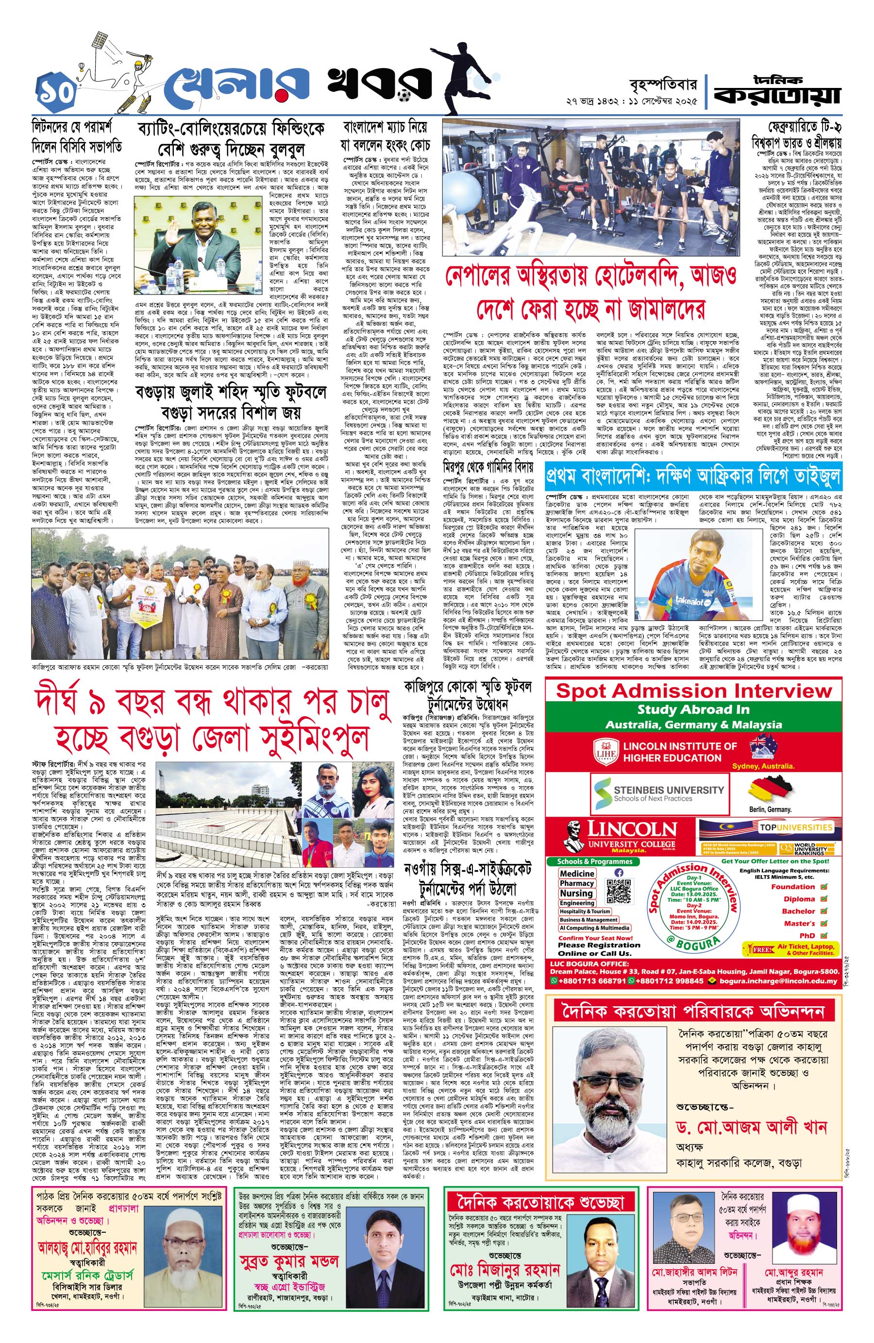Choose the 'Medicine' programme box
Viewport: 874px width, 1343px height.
pyautogui.click(x=577, y=873)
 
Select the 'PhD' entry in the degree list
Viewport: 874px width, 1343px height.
pyautogui.click(x=807, y=935)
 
